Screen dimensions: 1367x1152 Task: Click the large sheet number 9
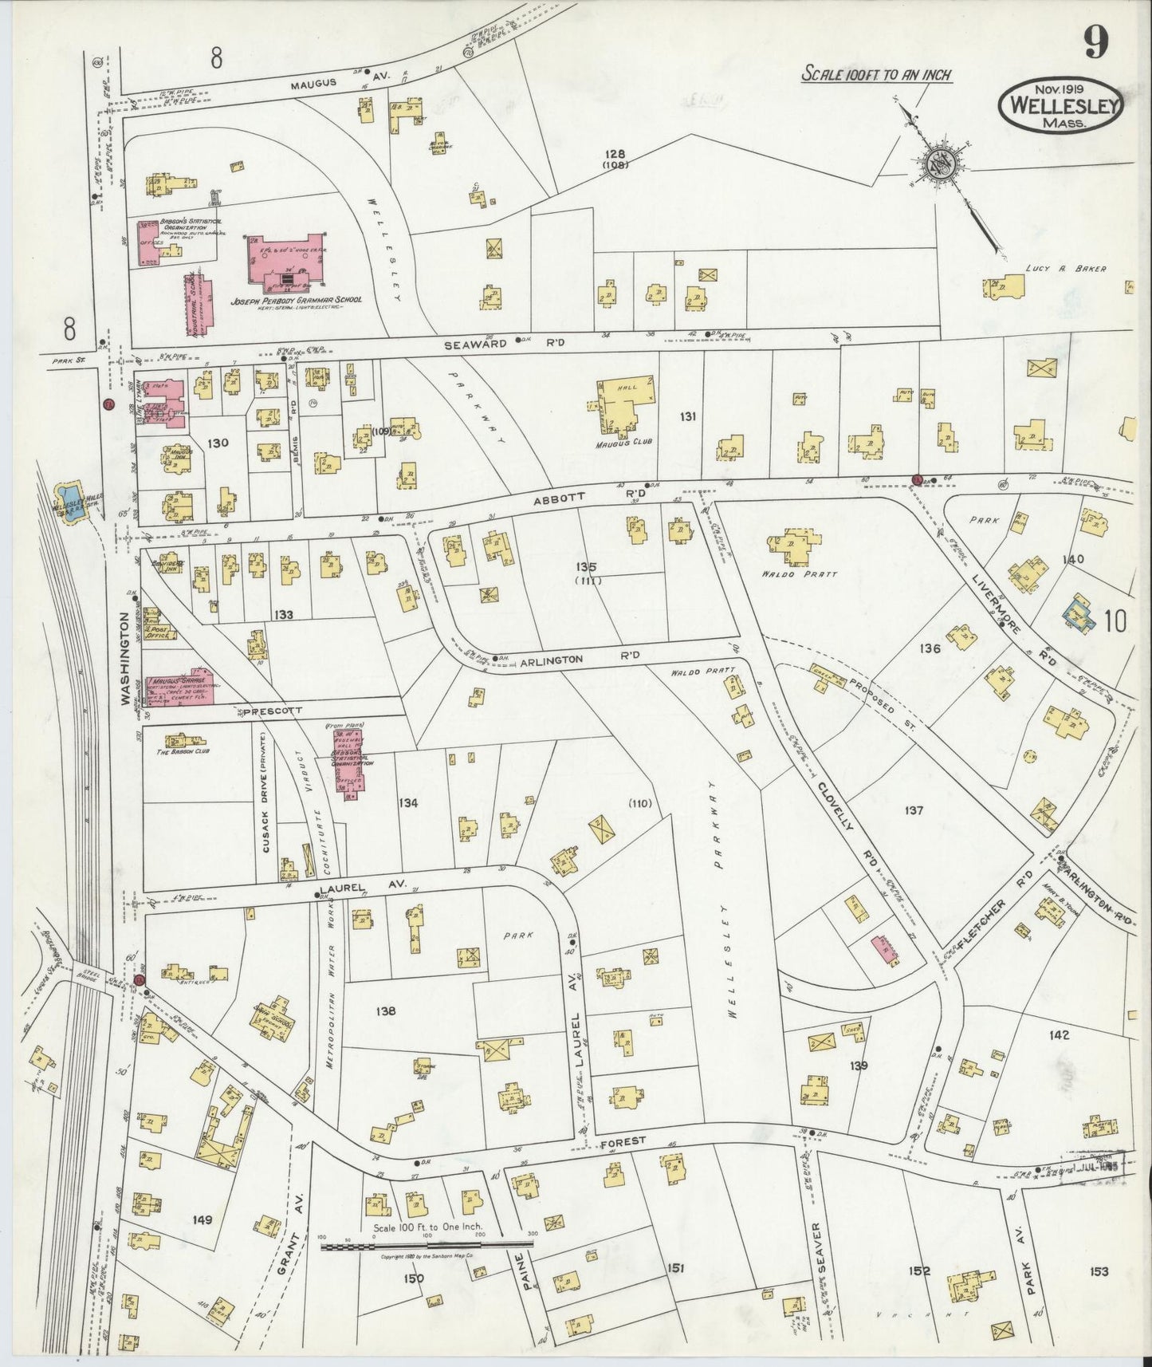click(x=1096, y=42)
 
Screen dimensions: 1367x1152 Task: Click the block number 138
click(x=387, y=1011)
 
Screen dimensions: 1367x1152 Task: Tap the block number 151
click(x=676, y=1267)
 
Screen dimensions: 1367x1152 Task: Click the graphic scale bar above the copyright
click(x=427, y=1244)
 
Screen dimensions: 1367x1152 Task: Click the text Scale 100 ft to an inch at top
click(x=875, y=75)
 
